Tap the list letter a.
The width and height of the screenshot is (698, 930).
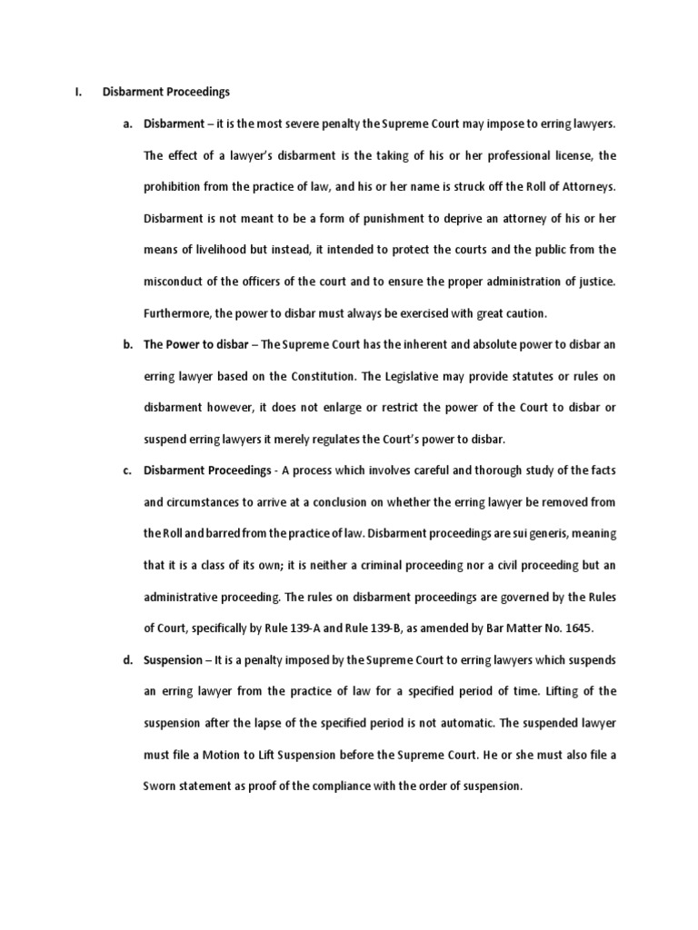coord(128,124)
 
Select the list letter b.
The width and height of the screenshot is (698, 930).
coord(128,345)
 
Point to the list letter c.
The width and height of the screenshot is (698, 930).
coord(128,470)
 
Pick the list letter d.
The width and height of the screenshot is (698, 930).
coord(128,659)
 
